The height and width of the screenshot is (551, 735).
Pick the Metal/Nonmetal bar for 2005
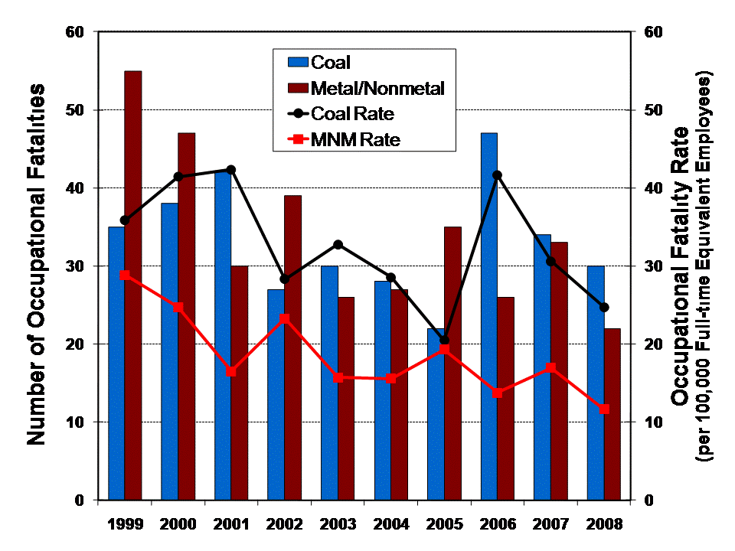tap(452, 363)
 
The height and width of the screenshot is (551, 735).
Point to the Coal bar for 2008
tap(595, 383)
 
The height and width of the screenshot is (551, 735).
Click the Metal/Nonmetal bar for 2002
tap(292, 347)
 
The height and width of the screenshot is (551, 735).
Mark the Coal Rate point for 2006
tap(498, 175)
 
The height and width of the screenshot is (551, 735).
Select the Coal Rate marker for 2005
tap(444, 340)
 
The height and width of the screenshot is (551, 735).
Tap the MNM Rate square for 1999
tap(125, 275)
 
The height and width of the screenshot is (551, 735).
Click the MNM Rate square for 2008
tap(604, 409)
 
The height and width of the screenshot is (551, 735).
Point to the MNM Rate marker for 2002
tap(284, 318)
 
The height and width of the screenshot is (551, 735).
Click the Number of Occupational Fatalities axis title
tap(36, 264)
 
